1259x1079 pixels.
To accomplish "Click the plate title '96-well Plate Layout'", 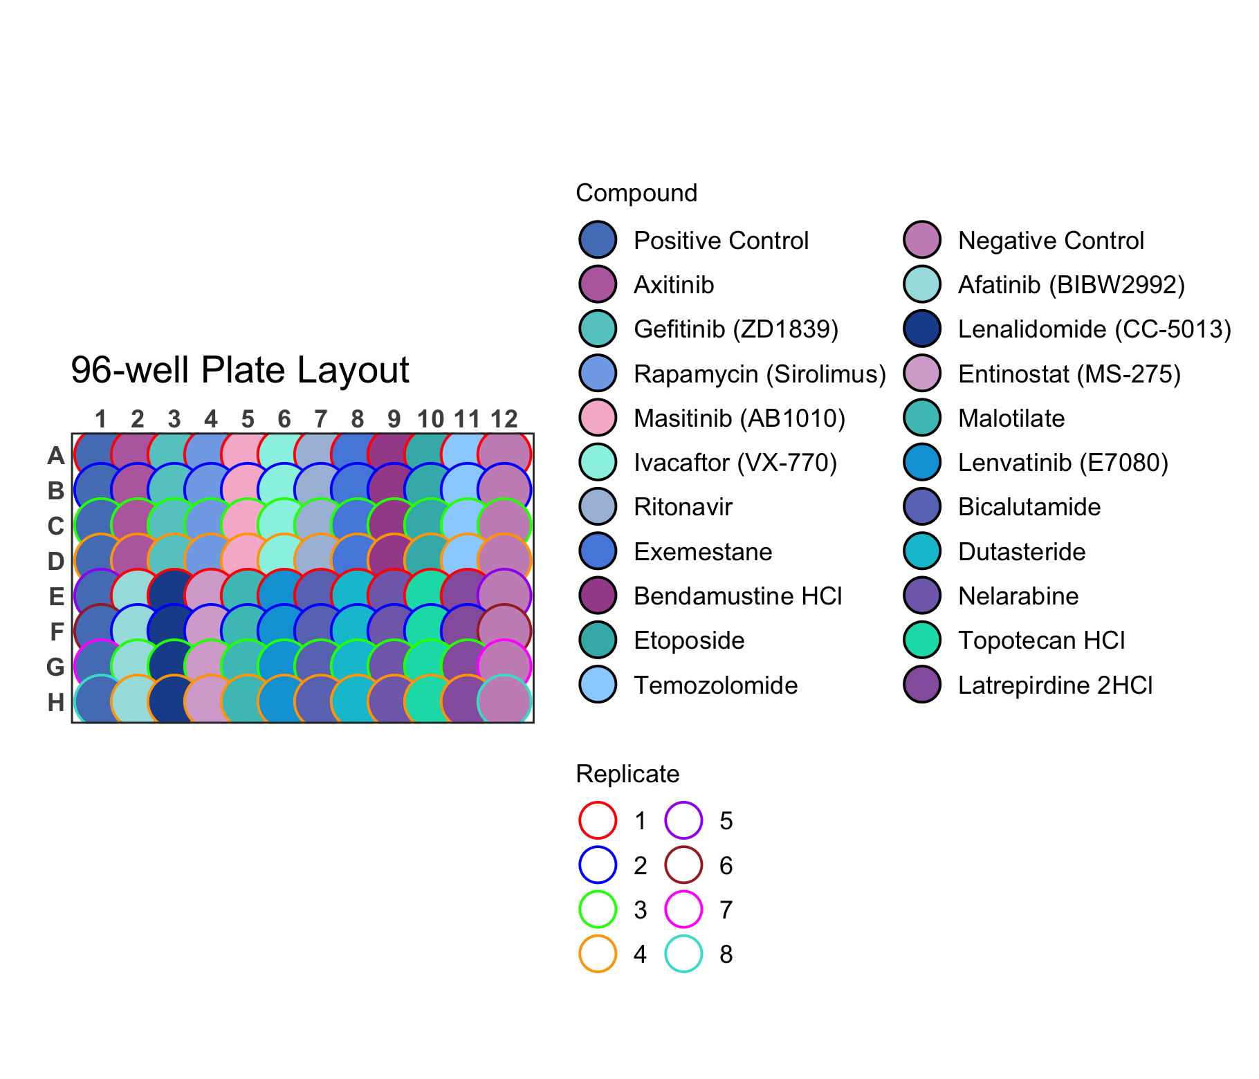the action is tap(240, 370).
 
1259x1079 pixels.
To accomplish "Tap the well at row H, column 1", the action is tap(101, 702).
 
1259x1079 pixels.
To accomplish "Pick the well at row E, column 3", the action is tap(174, 596).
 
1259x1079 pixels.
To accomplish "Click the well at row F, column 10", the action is tap(431, 631).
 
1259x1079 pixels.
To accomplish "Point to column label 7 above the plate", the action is tap(321, 419).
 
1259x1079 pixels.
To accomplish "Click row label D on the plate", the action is tap(56, 561).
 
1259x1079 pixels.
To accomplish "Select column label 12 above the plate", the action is tap(504, 419).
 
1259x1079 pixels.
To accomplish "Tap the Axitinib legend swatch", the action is tap(598, 284).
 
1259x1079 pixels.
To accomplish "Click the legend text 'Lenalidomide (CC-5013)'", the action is tap(1095, 329).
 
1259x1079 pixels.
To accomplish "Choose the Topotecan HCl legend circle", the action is tap(922, 640).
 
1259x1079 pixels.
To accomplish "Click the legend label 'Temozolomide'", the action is tap(716, 685).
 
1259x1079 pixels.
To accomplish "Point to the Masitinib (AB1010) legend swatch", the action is tap(598, 418).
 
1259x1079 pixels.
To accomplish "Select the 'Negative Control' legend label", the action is tap(1051, 241).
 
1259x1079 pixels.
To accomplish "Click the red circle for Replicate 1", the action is tap(598, 820).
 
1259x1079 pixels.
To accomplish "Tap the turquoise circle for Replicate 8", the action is tap(683, 954).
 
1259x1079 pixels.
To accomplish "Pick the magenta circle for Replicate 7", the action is tap(683, 910).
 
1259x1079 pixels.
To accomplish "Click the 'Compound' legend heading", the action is tap(636, 193).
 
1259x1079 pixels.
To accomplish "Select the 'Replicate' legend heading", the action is tap(627, 774).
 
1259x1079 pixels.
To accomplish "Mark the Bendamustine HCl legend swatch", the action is tap(598, 596).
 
